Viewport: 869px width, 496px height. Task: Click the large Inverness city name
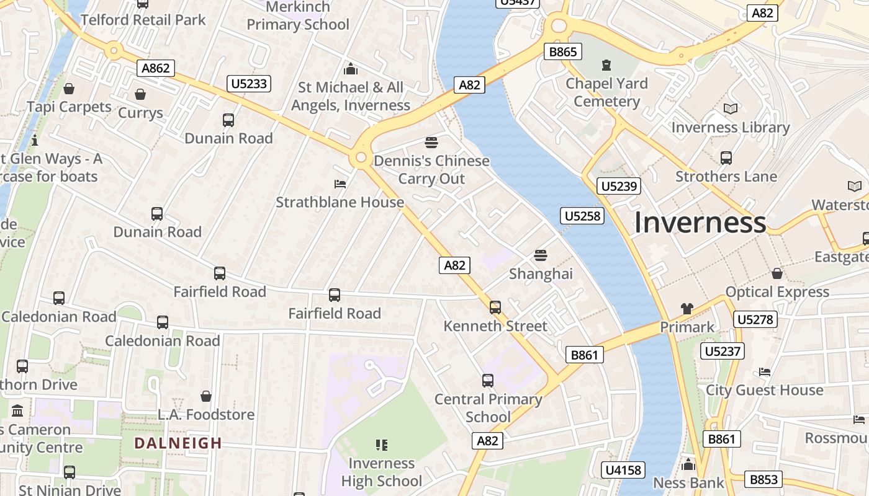pyautogui.click(x=700, y=223)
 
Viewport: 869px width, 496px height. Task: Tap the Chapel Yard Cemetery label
pyautogui.click(x=606, y=92)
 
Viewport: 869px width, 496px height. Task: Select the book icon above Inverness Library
pyautogui.click(x=731, y=109)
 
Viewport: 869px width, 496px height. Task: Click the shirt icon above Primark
pyautogui.click(x=687, y=308)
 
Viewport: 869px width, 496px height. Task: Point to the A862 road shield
pyautogui.click(x=156, y=68)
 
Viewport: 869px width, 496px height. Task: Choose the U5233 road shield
pyautogui.click(x=249, y=84)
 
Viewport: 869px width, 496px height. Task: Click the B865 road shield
pyautogui.click(x=563, y=51)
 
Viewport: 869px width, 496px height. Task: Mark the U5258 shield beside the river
pyautogui.click(x=582, y=216)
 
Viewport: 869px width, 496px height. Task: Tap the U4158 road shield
pyautogui.click(x=623, y=470)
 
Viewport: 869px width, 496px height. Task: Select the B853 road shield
pyautogui.click(x=763, y=479)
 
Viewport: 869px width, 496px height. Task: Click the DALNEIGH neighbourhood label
pyautogui.click(x=178, y=443)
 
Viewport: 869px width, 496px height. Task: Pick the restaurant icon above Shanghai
pyautogui.click(x=541, y=255)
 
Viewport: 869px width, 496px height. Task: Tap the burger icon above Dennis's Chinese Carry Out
pyautogui.click(x=431, y=143)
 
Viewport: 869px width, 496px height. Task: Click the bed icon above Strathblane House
pyautogui.click(x=340, y=184)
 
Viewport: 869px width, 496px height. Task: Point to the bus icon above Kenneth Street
pyautogui.click(x=495, y=308)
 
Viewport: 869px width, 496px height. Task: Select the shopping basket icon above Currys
pyautogui.click(x=140, y=95)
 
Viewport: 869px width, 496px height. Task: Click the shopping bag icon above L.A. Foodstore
pyautogui.click(x=206, y=396)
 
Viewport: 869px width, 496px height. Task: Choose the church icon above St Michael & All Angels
pyautogui.click(x=351, y=69)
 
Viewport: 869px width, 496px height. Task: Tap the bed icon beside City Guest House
pyautogui.click(x=765, y=372)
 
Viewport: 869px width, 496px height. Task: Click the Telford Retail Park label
pyautogui.click(x=143, y=20)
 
